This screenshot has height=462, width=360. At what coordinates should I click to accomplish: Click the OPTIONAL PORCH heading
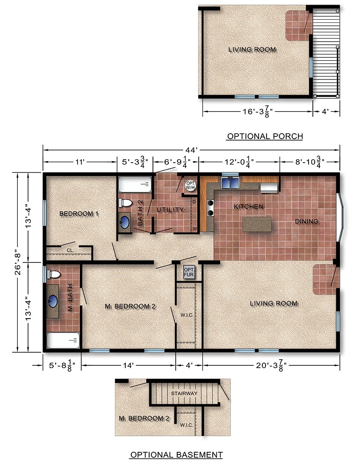tap(265, 136)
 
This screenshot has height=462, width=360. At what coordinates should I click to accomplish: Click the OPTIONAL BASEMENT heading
tap(176, 455)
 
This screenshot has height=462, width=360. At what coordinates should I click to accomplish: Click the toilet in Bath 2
tap(125, 203)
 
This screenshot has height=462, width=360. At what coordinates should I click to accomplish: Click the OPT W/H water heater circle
tap(190, 185)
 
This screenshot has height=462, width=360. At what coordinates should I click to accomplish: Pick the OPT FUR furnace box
tap(188, 272)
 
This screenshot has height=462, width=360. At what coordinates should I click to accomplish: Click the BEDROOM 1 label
tap(79, 213)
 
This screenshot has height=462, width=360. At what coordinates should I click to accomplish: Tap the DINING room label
tap(306, 221)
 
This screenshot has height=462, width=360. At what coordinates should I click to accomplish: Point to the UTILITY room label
tap(170, 210)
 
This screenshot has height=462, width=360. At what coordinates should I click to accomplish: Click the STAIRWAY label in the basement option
tap(184, 393)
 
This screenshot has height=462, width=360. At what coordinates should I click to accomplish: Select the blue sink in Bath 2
tap(125, 221)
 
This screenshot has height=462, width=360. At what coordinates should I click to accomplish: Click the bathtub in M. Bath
tap(63, 341)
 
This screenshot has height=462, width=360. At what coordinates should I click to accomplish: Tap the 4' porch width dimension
tap(326, 111)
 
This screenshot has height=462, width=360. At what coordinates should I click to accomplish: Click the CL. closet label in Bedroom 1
tap(70, 250)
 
